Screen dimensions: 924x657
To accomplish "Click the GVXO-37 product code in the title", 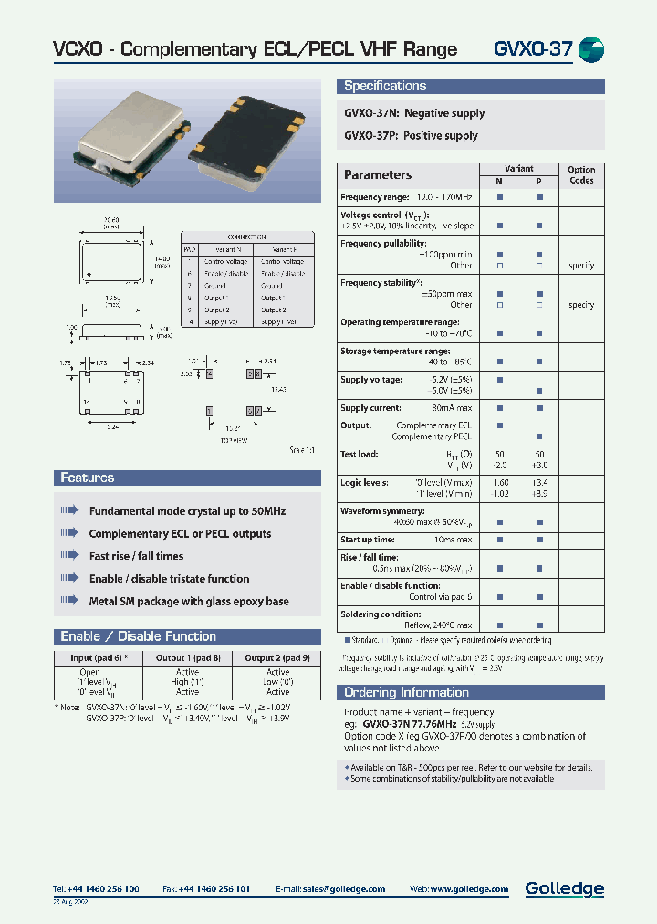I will point(533,49).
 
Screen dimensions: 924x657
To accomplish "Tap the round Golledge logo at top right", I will point(592,49).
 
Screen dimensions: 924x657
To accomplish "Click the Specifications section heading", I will point(385,86).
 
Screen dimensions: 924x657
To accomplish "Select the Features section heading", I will point(88,478).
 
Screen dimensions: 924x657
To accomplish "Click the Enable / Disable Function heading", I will point(138,636).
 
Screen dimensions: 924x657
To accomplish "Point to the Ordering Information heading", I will point(406,692).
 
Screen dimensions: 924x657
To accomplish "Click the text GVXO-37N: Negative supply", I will point(414,113).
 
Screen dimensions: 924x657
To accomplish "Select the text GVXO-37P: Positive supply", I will point(411,135).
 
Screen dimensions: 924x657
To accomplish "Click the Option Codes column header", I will point(581,174).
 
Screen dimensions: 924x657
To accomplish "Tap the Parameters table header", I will point(378,174).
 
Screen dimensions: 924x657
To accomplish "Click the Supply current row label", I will point(370,408).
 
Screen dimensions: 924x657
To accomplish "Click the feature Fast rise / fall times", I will point(136,556).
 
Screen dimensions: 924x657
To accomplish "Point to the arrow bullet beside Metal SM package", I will point(69,601).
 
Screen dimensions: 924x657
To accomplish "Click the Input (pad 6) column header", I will point(105,657).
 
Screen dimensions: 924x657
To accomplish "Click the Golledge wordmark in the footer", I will point(564,888).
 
